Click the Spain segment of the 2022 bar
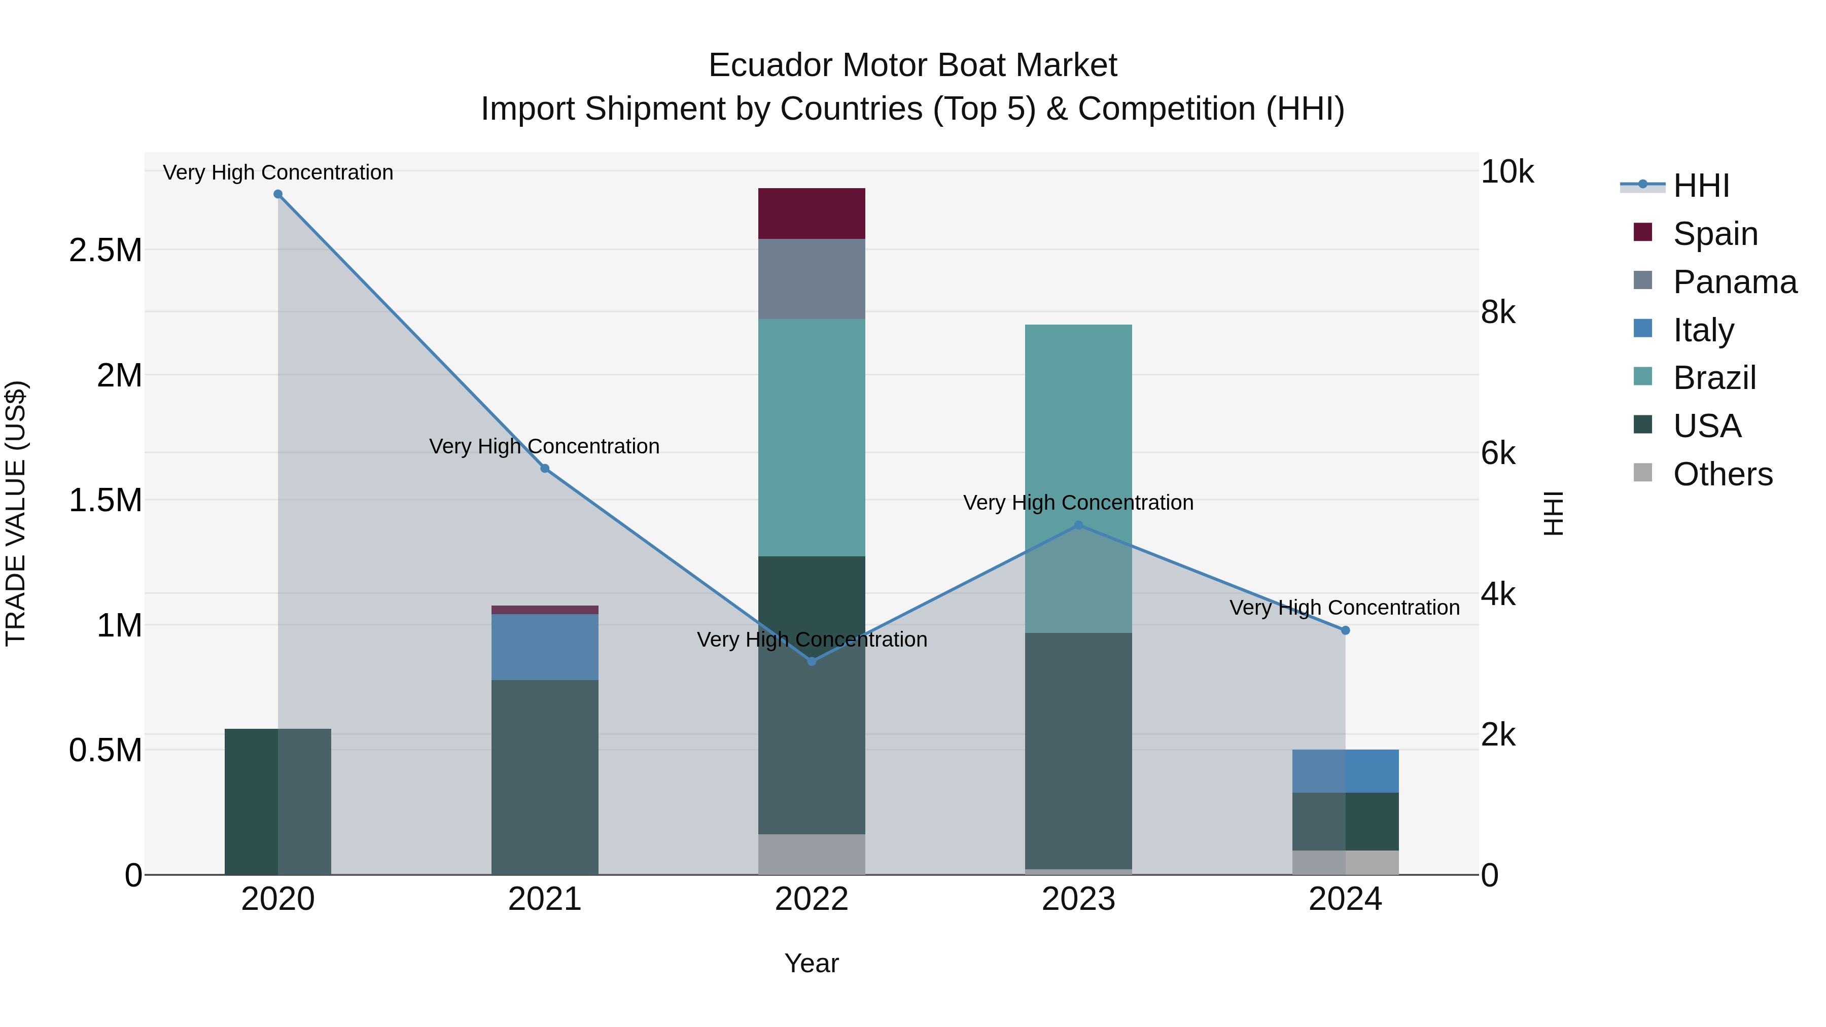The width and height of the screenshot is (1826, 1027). point(812,214)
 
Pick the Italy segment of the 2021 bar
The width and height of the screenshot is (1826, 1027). point(544,647)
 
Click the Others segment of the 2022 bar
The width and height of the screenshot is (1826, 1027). point(812,854)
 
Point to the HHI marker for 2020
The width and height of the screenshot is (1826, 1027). point(278,194)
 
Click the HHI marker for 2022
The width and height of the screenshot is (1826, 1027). point(812,661)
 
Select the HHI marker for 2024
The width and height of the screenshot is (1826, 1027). point(1345,630)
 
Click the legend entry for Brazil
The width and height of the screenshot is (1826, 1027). point(1713,378)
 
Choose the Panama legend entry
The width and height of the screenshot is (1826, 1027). point(1734,282)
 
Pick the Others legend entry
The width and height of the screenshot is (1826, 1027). point(1722,474)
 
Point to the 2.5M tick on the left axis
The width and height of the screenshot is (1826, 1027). point(105,250)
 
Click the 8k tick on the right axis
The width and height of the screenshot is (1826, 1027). point(1498,312)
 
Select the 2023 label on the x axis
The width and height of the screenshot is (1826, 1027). point(1078,899)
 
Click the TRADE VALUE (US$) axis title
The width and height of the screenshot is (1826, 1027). point(16,513)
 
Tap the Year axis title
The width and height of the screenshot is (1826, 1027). point(812,963)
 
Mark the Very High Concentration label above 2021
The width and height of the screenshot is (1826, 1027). point(544,446)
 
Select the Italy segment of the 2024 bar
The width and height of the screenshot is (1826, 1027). point(1345,770)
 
